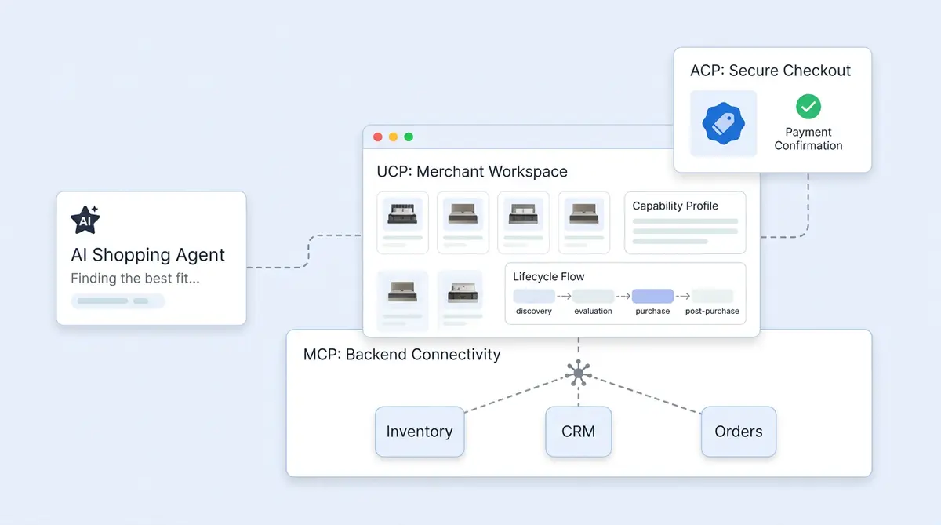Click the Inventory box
420,432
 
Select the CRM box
578,432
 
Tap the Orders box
738,432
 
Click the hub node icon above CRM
578,374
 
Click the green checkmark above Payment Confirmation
808,106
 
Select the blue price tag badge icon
723,123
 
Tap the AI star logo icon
85,220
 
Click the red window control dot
378,137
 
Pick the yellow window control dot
393,137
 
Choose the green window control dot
409,137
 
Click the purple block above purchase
652,296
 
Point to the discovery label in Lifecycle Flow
533,312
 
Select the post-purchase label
712,312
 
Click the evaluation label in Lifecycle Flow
593,312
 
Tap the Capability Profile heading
675,206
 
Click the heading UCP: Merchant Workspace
472,171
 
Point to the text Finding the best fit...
135,279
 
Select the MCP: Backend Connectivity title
401,355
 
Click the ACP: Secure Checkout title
770,71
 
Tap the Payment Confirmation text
808,139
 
